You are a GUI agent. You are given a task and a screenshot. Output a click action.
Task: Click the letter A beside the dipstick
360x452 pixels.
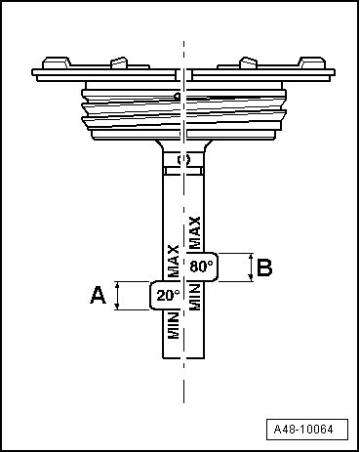point(98,295)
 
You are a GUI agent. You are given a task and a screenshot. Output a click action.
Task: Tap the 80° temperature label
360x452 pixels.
point(200,266)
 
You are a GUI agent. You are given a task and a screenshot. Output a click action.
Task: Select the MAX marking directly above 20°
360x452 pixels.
point(173,262)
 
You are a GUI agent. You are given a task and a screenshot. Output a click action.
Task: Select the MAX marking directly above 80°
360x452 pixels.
point(195,232)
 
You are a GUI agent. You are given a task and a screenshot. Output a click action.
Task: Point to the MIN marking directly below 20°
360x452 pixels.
point(173,325)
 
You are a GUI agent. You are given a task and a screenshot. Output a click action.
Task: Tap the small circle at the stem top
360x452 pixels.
point(183,156)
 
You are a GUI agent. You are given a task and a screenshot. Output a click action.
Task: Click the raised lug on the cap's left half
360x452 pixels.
point(119,63)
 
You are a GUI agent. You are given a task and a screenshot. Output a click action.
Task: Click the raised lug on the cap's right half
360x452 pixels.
point(248,63)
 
